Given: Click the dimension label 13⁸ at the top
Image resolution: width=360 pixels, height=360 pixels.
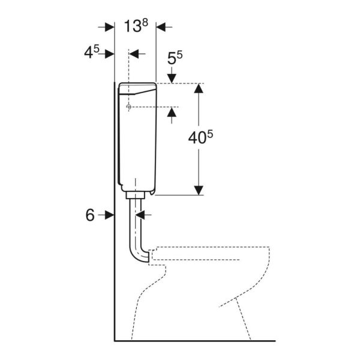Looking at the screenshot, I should pyautogui.click(x=134, y=26).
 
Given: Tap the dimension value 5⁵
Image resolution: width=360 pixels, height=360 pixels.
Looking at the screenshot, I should pyautogui.click(x=175, y=58).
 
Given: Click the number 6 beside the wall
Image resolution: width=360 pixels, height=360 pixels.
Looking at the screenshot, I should pyautogui.click(x=90, y=215).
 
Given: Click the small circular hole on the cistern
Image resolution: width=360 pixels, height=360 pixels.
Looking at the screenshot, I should pyautogui.click(x=128, y=106).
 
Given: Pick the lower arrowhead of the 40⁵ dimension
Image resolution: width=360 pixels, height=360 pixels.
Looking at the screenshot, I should pyautogui.click(x=199, y=189).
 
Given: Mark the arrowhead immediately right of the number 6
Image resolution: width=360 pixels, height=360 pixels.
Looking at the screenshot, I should pyautogui.click(x=109, y=215).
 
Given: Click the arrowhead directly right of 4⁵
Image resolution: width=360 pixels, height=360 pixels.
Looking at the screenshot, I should pyautogui.click(x=109, y=53).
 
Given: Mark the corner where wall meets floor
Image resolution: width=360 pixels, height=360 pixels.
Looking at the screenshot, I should pyautogui.click(x=115, y=340).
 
